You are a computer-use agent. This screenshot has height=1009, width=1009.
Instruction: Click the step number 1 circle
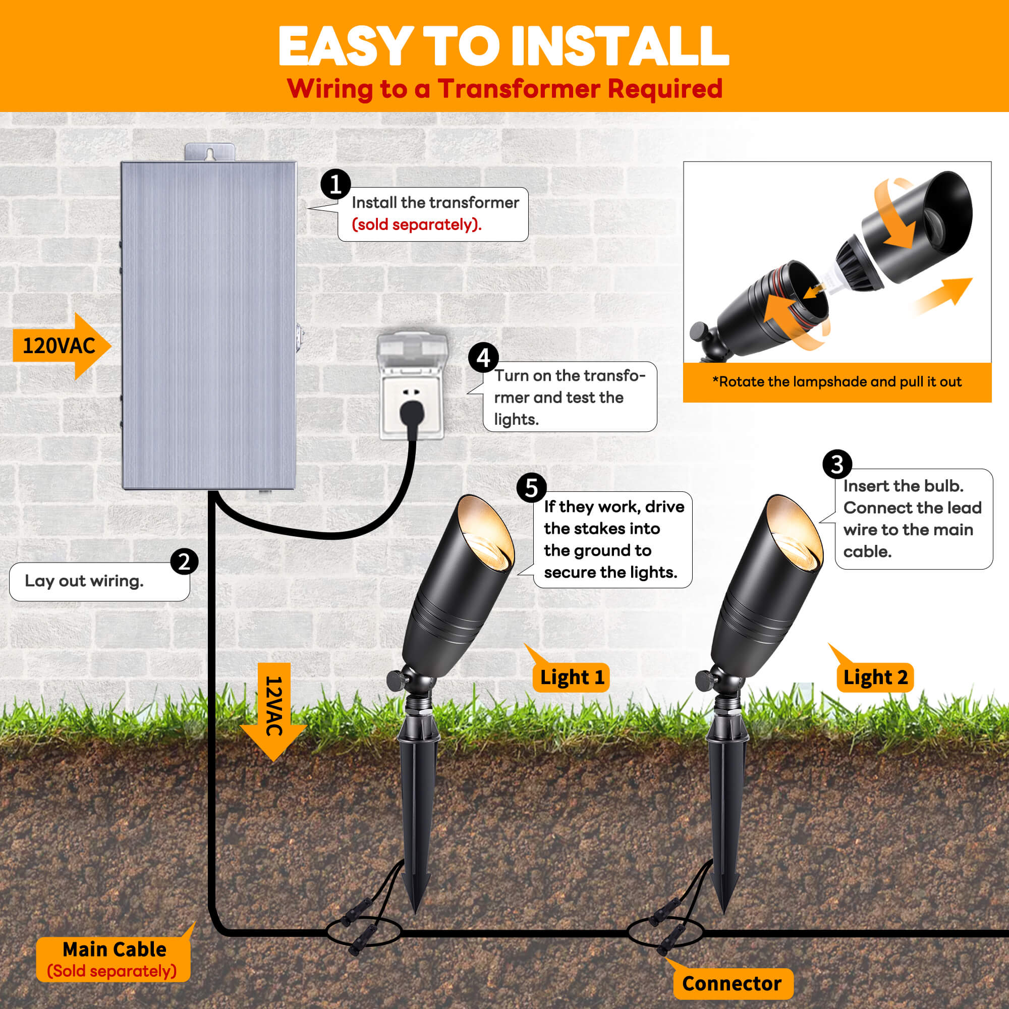click(x=335, y=184)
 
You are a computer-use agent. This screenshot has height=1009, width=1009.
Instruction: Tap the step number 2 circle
click(x=184, y=562)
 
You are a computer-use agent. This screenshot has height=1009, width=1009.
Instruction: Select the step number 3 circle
click(x=836, y=464)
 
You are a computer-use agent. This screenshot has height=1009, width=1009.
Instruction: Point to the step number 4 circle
click(x=483, y=358)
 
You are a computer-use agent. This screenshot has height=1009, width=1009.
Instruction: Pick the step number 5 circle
click(x=531, y=488)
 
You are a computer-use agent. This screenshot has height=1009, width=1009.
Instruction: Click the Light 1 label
click(x=572, y=678)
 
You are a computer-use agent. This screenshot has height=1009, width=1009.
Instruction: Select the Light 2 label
click(x=875, y=678)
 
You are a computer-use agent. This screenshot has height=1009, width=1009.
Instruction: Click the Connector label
click(x=732, y=983)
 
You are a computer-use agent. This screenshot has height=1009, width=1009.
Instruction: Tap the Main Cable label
click(x=114, y=960)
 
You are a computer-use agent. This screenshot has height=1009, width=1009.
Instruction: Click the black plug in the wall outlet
click(x=412, y=413)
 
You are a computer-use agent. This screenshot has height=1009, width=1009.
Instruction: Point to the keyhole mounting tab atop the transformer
click(x=210, y=152)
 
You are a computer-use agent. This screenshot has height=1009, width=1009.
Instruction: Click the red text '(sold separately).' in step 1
click(x=416, y=225)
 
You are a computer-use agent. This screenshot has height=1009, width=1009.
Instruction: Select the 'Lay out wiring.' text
click(x=84, y=581)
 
